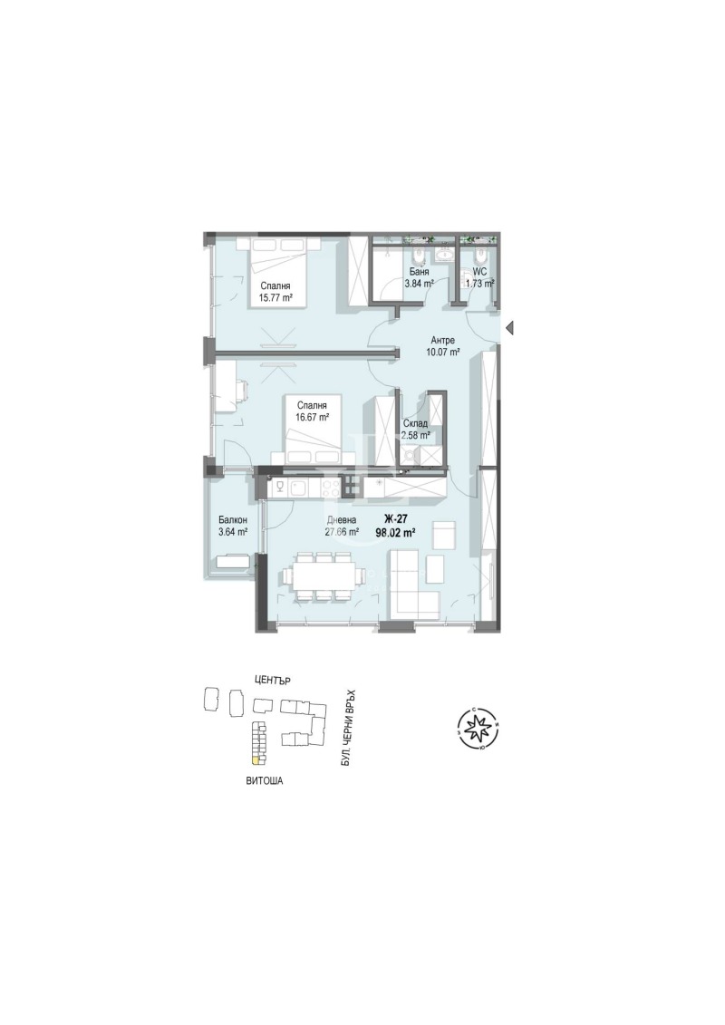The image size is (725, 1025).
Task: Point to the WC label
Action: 479,271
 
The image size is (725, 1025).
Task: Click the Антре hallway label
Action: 443,341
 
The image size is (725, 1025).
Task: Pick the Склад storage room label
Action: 416,423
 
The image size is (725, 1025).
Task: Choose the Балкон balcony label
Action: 233,520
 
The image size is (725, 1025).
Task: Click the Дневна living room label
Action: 343,520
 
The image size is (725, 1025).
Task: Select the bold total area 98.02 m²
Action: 395,533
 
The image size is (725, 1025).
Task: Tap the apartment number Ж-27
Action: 395,518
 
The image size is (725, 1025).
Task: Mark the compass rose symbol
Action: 478,727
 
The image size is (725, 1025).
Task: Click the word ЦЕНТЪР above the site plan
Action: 276,680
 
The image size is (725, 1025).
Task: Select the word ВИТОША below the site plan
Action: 265,779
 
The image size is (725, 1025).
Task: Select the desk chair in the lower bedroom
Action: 241,390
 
